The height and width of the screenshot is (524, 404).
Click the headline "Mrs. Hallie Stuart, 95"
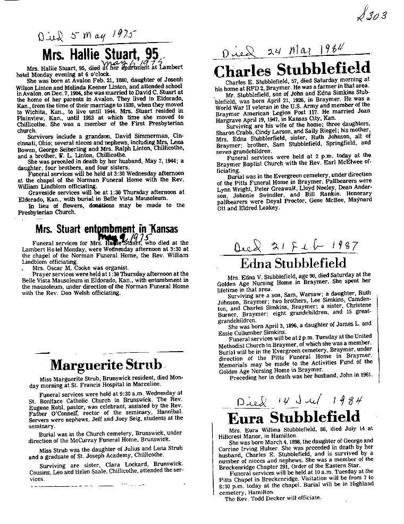100,54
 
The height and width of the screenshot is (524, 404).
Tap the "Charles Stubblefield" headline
292,69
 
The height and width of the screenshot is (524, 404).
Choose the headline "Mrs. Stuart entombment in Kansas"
107,230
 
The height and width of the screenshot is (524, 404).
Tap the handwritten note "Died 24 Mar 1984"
284,53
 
